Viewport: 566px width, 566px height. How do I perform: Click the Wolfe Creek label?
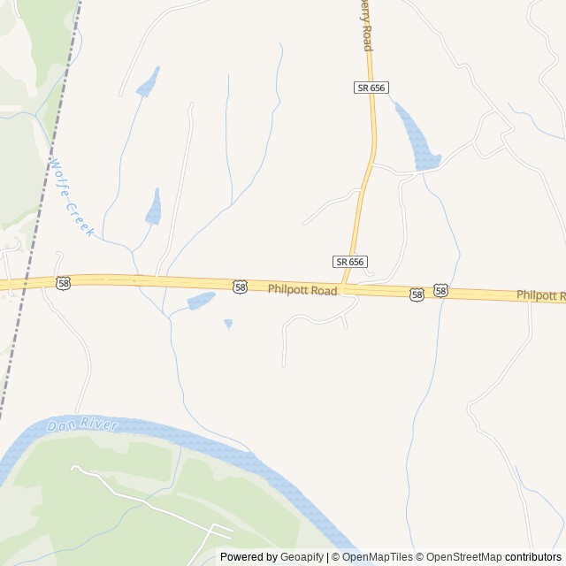72,196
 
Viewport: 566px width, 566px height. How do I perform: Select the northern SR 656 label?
371,88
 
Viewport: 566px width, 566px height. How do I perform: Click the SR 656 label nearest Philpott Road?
350,262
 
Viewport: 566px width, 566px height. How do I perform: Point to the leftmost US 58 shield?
62,283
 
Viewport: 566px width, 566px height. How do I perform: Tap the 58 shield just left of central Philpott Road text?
241,287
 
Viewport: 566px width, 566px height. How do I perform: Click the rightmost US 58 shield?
440,290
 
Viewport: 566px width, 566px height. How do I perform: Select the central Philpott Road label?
302,289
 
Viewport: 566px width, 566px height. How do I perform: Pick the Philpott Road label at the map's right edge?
541,295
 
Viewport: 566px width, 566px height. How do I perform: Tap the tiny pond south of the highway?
228,324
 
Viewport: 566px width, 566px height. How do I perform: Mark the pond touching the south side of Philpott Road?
201,302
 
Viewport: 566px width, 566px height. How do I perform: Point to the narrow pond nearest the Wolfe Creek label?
155,208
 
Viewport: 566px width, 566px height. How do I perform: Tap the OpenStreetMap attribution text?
459,557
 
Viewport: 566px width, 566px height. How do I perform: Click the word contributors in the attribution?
533,557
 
